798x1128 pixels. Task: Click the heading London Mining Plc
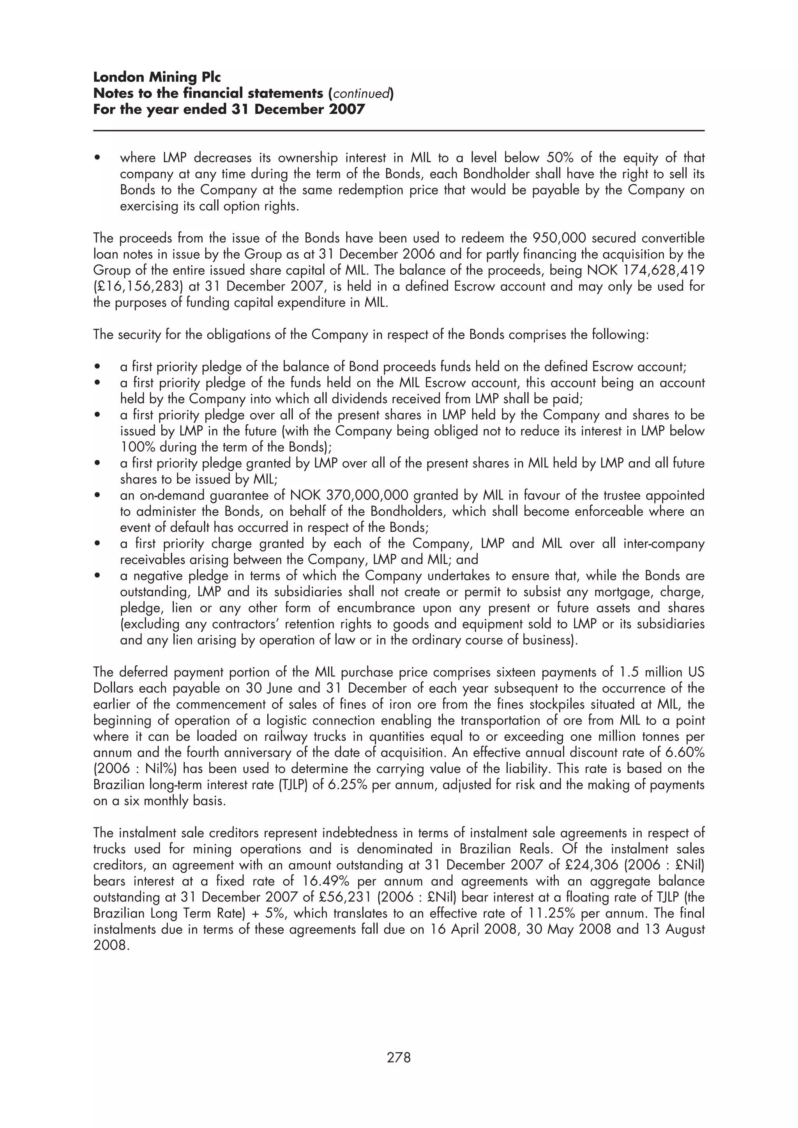coord(157,77)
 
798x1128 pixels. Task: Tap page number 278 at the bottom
coord(399,1057)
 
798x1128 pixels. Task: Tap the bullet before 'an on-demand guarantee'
coord(98,496)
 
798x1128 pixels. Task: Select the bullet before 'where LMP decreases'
coord(98,158)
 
